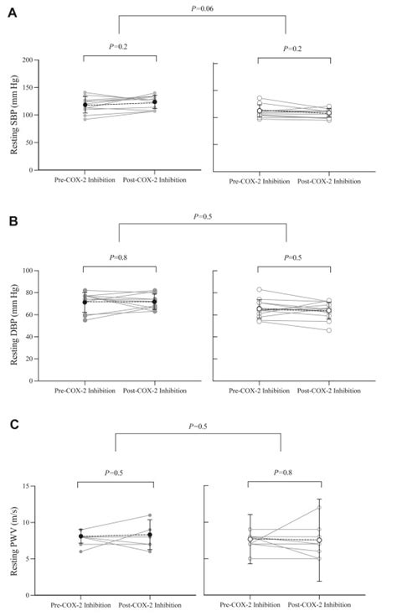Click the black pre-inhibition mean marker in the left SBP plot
pos(84,105)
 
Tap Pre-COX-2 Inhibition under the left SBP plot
pos(83,179)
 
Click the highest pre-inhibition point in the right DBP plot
pos(259,289)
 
